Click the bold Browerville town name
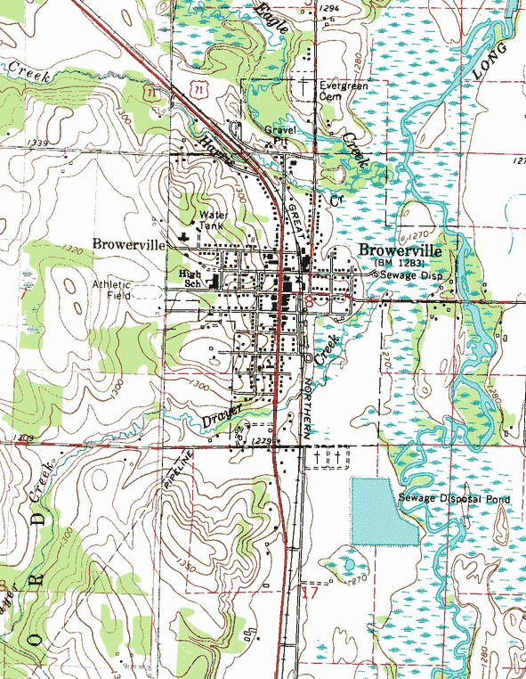[403, 250]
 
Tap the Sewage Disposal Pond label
[454, 499]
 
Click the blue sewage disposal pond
[381, 511]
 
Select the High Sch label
[190, 278]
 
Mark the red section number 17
[308, 593]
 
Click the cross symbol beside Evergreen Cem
[304, 87]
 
